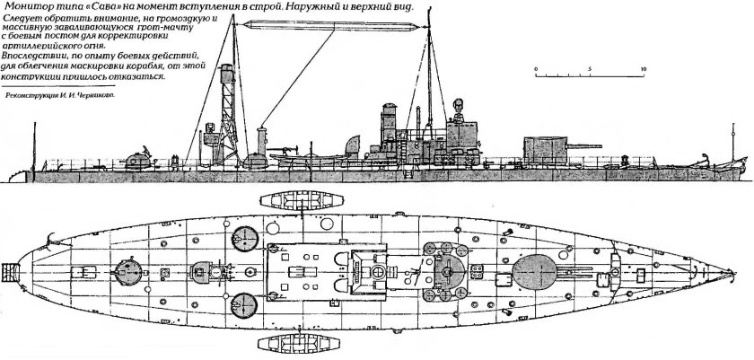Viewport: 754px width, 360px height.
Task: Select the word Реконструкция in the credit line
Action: pos(34,91)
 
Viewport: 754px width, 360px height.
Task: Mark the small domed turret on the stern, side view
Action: pos(139,161)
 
